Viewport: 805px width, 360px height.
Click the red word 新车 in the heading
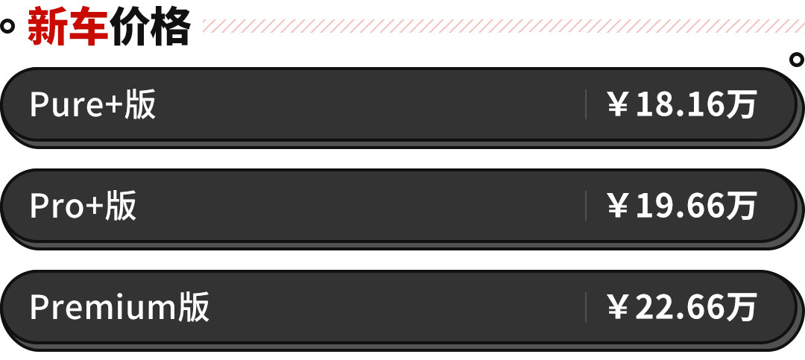68,28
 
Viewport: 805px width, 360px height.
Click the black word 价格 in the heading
151,28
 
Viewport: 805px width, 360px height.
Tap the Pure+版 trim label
92,105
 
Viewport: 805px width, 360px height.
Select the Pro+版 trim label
83,206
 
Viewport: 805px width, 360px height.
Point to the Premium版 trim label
119,307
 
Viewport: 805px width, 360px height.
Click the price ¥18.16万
682,105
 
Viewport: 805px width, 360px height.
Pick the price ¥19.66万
682,206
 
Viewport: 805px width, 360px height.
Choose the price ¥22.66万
682,307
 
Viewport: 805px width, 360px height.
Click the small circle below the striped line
796,59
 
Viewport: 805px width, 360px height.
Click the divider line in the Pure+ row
586,105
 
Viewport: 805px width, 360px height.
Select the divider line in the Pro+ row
586,206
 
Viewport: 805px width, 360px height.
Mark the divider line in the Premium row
586,307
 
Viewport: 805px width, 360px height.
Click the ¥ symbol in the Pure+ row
618,106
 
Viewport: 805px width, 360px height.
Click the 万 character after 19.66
742,206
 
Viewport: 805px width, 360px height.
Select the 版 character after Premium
194,307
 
